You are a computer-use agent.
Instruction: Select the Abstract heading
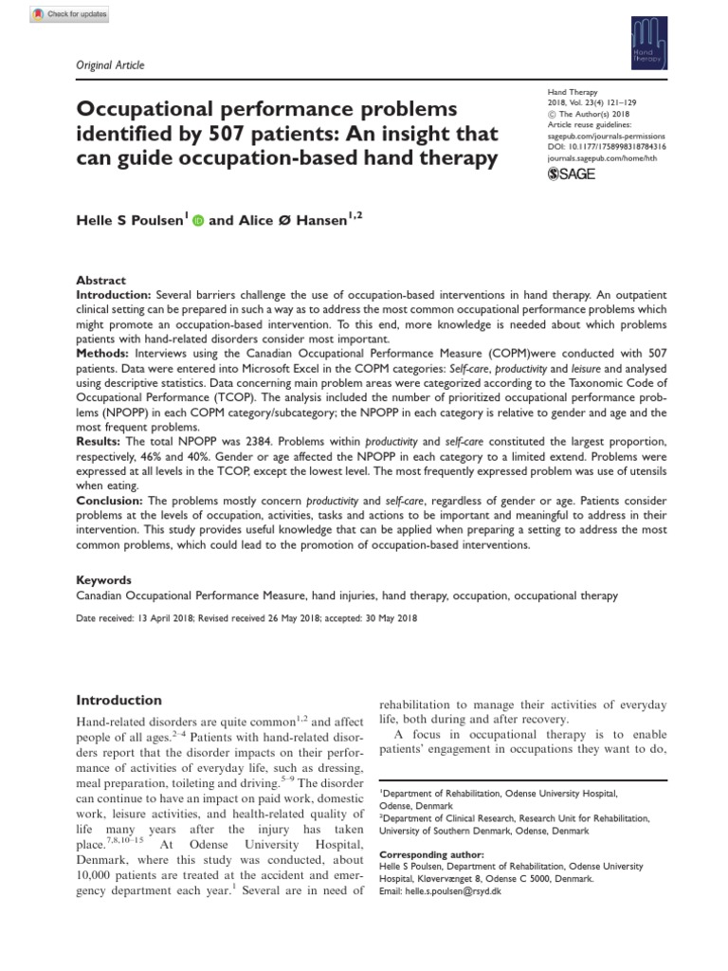tap(100, 281)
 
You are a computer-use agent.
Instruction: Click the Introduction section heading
tap(118, 700)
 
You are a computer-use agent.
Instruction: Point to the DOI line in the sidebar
tap(607, 148)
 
